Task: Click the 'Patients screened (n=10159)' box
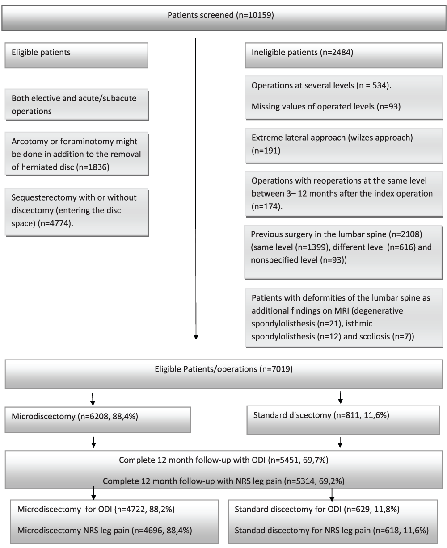[x=223, y=18]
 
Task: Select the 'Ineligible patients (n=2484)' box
[x=343, y=55]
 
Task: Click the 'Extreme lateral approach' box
[x=343, y=145]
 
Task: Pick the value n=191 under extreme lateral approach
[x=266, y=151]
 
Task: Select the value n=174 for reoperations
[x=266, y=206]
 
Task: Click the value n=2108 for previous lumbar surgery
[x=405, y=234]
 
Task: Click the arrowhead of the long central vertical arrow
[x=196, y=337]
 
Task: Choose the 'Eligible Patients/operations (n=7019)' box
[x=223, y=374]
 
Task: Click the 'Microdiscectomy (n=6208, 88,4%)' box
[x=97, y=420]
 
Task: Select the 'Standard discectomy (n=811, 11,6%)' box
[x=343, y=420]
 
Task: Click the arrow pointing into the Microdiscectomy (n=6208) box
[x=93, y=399]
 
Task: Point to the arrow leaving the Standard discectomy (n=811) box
[x=340, y=442]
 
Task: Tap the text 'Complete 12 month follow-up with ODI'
[x=192, y=460]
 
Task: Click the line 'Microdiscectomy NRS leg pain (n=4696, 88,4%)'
[x=105, y=530]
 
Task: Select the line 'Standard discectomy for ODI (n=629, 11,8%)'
[x=317, y=509]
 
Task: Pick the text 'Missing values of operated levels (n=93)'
[x=326, y=106]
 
